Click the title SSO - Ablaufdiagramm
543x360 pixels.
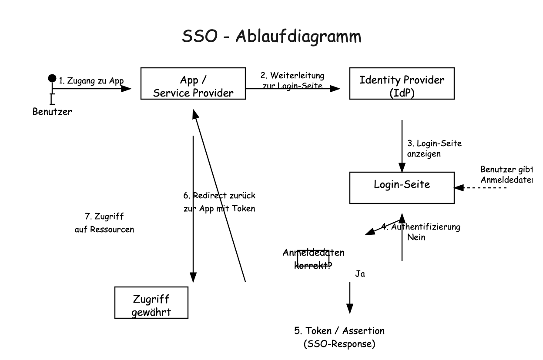(x=271, y=37)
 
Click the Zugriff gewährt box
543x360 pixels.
(x=151, y=303)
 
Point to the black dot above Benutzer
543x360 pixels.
(x=52, y=79)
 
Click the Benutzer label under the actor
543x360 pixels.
(x=52, y=112)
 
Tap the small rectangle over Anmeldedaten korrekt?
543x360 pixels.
(x=313, y=257)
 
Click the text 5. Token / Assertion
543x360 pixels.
(x=339, y=330)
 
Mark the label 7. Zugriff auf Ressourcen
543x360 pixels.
(x=104, y=222)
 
